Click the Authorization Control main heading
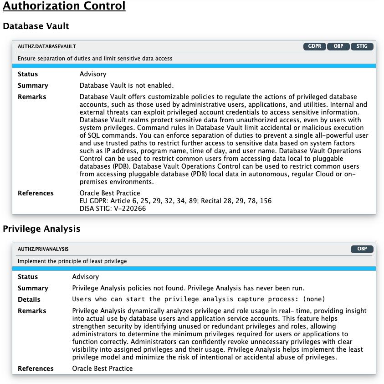(x=64, y=6)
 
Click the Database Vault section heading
(x=36, y=26)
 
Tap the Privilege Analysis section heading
(x=41, y=229)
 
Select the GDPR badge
(x=314, y=46)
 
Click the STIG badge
(x=362, y=46)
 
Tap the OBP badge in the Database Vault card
(x=338, y=46)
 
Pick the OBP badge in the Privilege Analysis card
(x=362, y=249)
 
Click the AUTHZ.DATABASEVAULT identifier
(x=47, y=46)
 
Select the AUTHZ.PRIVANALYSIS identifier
(x=43, y=249)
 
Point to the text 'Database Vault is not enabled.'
(x=127, y=85)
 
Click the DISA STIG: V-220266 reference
(x=113, y=209)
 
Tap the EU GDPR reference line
(x=175, y=201)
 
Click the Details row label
(x=29, y=299)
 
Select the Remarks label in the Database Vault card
(x=32, y=97)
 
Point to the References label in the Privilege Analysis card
(x=36, y=369)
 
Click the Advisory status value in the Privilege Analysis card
(x=86, y=277)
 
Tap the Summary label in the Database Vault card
(x=33, y=85)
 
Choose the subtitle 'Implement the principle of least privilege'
(x=72, y=261)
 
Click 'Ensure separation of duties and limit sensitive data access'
(x=95, y=59)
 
